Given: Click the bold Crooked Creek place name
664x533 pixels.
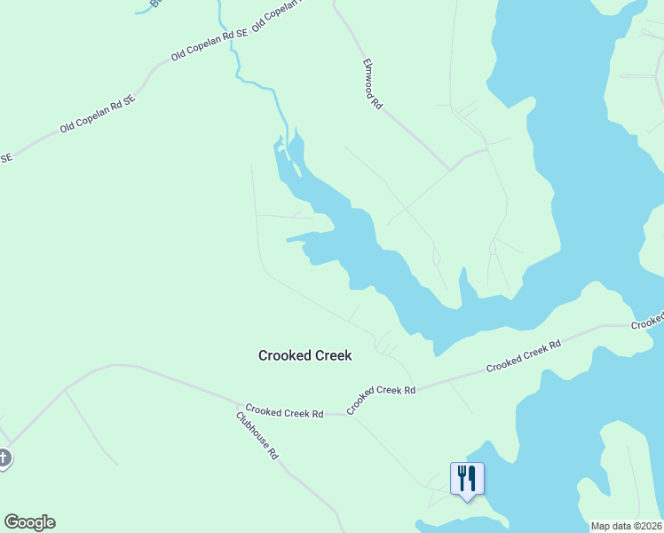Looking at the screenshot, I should click(x=304, y=355).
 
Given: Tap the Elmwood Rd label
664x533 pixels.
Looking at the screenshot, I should click(x=372, y=84).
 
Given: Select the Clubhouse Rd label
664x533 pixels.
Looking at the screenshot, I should click(x=258, y=434).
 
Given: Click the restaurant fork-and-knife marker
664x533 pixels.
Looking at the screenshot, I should click(x=466, y=479).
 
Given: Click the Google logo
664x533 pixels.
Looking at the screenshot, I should click(x=29, y=522).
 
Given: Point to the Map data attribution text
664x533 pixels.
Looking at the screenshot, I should click(x=627, y=526).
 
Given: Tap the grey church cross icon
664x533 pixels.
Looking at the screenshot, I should click(x=4, y=458).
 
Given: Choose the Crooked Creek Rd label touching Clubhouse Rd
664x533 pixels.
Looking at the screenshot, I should click(x=284, y=412).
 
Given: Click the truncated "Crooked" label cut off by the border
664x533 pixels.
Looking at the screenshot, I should click(x=649, y=321).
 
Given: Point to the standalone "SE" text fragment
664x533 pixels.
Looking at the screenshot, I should click(x=5, y=158).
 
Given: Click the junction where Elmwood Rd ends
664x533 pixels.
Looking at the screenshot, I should click(x=451, y=168).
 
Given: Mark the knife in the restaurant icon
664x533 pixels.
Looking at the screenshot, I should click(x=471, y=478).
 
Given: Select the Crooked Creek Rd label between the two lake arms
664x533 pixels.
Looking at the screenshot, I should click(x=524, y=354).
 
